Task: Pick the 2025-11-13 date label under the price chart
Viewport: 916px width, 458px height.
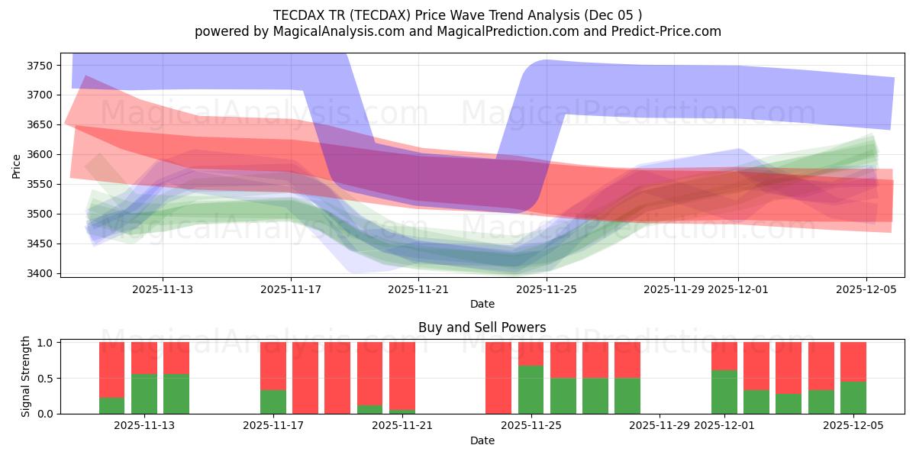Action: pyautogui.click(x=163, y=289)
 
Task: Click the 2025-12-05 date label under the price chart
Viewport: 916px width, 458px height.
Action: pyautogui.click(x=866, y=289)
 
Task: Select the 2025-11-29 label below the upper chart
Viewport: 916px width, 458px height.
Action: pyautogui.click(x=673, y=289)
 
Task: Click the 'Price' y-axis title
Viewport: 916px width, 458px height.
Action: pyautogui.click(x=17, y=166)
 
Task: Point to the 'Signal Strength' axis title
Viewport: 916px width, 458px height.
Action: pyautogui.click(x=26, y=376)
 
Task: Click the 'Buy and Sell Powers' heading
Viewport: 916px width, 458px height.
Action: pyautogui.click(x=482, y=327)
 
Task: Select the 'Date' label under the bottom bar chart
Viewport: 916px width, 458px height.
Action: pyautogui.click(x=482, y=440)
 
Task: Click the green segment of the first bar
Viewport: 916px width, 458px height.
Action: pyautogui.click(x=112, y=405)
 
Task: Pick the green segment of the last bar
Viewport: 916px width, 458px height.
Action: pyautogui.click(x=853, y=398)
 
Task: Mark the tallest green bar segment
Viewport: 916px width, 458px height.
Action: pyautogui.click(x=531, y=389)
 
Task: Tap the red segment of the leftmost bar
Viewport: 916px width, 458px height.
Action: pyautogui.click(x=112, y=369)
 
